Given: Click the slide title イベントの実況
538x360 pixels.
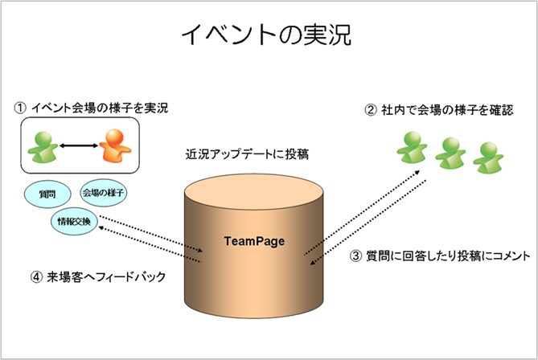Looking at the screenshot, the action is pyautogui.click(x=266, y=35).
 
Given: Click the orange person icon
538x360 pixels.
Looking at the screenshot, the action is pyautogui.click(x=115, y=145).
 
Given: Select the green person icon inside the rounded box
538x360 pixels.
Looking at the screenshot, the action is pyautogui.click(x=43, y=147).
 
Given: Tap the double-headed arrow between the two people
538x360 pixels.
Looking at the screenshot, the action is pyautogui.click(x=79, y=146).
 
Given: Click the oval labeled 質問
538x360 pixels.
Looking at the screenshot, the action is pyautogui.click(x=47, y=194).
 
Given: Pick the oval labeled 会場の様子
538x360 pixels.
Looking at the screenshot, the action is pyautogui.click(x=103, y=193).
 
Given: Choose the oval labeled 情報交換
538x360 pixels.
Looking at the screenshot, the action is pyautogui.click(x=74, y=222).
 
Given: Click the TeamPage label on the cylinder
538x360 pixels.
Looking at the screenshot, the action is pyautogui.click(x=254, y=241).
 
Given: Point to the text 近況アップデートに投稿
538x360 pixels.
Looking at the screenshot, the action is pyautogui.click(x=247, y=154).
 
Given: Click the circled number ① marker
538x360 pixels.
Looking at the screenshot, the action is pyautogui.click(x=20, y=108).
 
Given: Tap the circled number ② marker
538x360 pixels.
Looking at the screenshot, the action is pyautogui.click(x=370, y=110).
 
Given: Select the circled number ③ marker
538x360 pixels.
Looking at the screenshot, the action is pyautogui.click(x=355, y=256).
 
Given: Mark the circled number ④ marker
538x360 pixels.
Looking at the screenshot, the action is pyautogui.click(x=36, y=276).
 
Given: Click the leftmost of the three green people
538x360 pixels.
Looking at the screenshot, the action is pyautogui.click(x=412, y=147).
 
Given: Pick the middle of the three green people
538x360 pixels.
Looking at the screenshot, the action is pyautogui.click(x=450, y=153).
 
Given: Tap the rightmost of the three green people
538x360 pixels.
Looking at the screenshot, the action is pyautogui.click(x=488, y=157).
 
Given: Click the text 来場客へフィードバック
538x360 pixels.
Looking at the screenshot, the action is pyautogui.click(x=106, y=276).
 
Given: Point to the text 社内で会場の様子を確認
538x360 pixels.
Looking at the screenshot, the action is pyautogui.click(x=447, y=110).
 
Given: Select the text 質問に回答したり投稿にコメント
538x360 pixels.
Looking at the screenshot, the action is pyautogui.click(x=448, y=256).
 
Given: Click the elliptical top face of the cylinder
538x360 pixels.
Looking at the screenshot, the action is pyautogui.click(x=254, y=193).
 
